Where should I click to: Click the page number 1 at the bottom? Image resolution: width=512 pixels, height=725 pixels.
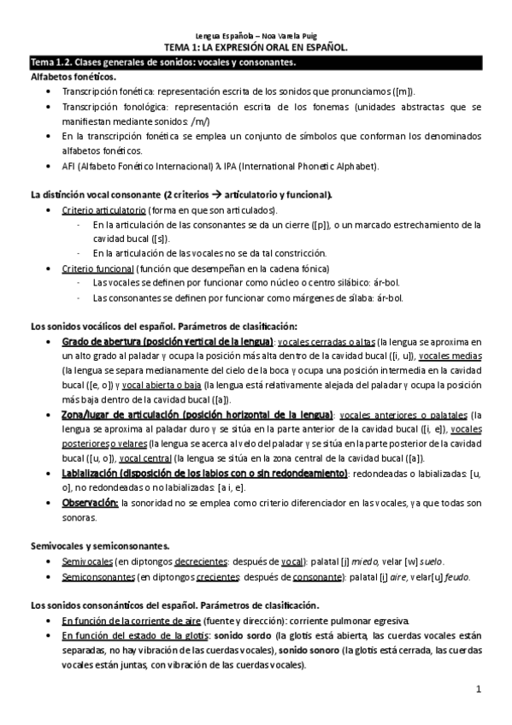480,688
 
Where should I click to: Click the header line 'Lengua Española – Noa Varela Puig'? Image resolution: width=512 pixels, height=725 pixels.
256,38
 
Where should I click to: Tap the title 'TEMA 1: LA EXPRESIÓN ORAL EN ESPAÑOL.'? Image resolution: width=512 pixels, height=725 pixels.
256,50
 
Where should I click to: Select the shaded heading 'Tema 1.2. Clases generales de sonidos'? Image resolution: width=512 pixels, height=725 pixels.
162,63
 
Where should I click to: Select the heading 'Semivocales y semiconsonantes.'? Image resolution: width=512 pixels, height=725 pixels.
99,545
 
